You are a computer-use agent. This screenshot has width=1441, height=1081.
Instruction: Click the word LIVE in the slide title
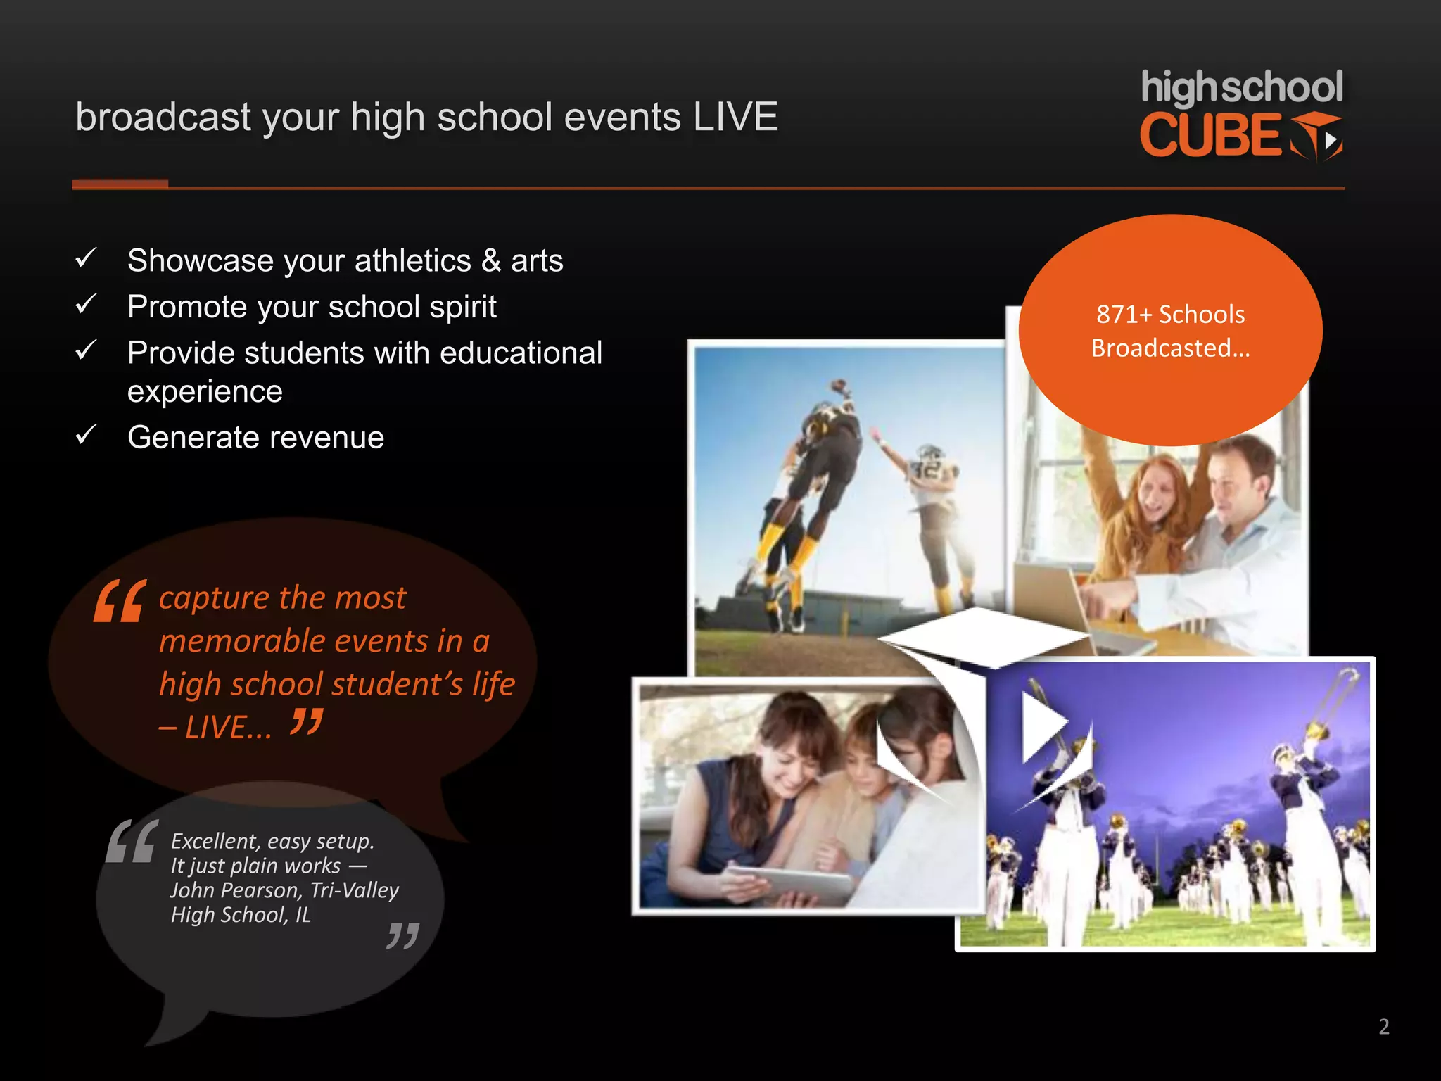(x=735, y=117)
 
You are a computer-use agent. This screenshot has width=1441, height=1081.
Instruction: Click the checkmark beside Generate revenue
(x=86, y=435)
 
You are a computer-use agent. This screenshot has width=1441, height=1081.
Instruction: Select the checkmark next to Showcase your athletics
(x=86, y=258)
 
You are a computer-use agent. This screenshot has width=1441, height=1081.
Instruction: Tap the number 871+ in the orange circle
(x=1124, y=315)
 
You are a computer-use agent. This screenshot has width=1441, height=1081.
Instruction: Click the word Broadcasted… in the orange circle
(x=1170, y=348)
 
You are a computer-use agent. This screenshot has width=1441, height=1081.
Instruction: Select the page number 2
(x=1383, y=1027)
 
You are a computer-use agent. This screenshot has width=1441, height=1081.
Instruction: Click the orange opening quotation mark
(x=120, y=602)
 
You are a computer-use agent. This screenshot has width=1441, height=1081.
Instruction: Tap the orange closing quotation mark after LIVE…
(x=307, y=722)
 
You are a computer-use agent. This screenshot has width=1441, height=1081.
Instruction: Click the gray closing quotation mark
(x=403, y=936)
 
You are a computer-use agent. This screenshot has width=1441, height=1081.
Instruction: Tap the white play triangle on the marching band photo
(x=1043, y=725)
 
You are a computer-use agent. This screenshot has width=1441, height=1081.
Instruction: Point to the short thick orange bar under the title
(x=120, y=184)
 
